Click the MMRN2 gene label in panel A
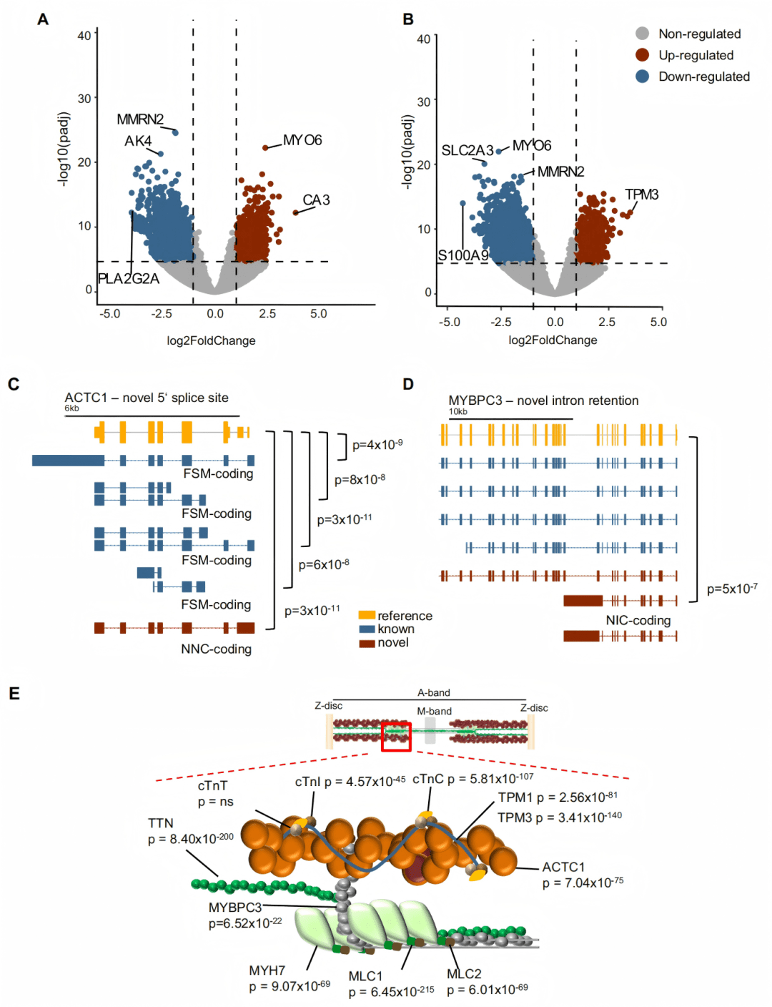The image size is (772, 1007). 140,119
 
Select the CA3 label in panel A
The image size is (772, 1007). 316,200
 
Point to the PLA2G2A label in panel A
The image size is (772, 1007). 129,279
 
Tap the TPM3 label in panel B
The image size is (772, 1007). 641,195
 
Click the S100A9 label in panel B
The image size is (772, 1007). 463,255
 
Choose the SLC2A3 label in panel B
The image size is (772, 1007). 467,150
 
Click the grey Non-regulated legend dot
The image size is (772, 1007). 643,34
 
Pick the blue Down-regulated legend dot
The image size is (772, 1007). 643,77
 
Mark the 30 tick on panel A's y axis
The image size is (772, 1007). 84,99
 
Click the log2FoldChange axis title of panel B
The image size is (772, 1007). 553,340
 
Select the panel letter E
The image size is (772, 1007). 14,694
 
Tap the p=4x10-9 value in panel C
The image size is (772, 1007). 377,445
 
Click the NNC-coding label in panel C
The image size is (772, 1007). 216,649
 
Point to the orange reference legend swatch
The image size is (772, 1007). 367,615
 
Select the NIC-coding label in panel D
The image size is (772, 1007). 638,621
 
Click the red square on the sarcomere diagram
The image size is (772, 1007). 396,737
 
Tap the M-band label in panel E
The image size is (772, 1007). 434,712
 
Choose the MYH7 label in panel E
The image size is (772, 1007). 267,971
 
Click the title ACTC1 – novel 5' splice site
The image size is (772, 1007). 147,398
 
